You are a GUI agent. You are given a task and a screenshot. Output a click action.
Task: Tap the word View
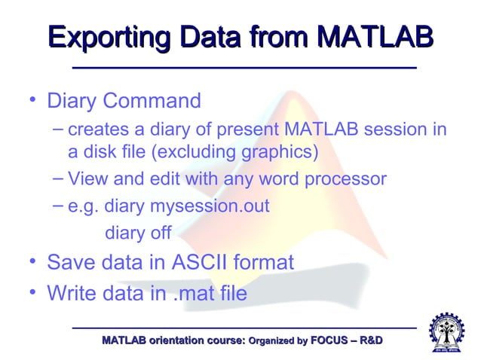[x=87, y=179]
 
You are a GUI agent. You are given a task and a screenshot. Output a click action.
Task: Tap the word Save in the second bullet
[x=70, y=263]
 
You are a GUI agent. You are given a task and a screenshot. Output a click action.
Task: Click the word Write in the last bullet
[x=72, y=292]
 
